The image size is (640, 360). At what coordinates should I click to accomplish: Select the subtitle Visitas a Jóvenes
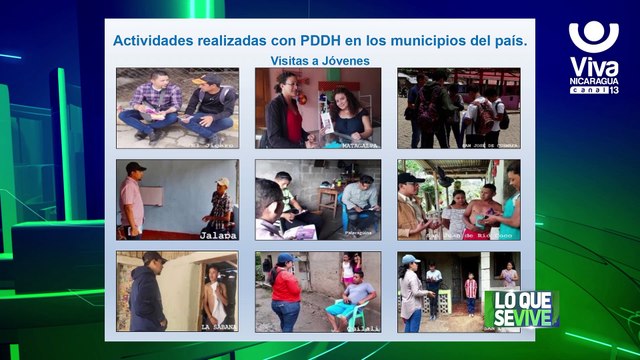click(319, 61)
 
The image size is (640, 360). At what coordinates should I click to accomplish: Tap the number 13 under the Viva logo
click(613, 90)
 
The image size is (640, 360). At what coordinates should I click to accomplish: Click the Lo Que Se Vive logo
click(520, 308)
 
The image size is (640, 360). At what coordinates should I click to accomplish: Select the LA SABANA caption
click(217, 326)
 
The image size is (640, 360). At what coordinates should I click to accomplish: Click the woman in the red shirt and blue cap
click(285, 291)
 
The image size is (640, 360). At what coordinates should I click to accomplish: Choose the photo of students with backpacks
click(458, 108)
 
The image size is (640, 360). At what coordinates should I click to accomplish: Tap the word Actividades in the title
click(158, 41)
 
